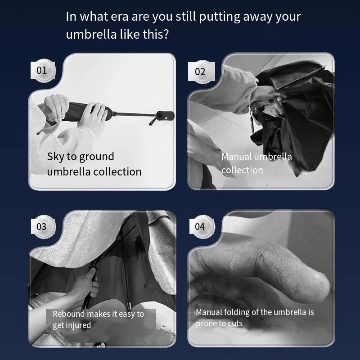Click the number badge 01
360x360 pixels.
[x=42, y=70]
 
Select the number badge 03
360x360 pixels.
[x=43, y=227]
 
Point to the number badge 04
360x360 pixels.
[x=201, y=227]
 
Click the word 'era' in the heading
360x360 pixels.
[x=120, y=17]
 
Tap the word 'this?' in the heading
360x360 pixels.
[x=156, y=34]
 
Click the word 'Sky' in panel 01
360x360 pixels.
[x=55, y=157]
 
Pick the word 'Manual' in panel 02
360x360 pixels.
[x=237, y=157]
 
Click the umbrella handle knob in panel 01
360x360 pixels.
[x=166, y=116]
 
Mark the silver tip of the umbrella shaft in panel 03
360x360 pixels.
[x=130, y=306]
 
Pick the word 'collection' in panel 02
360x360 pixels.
[x=242, y=170]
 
